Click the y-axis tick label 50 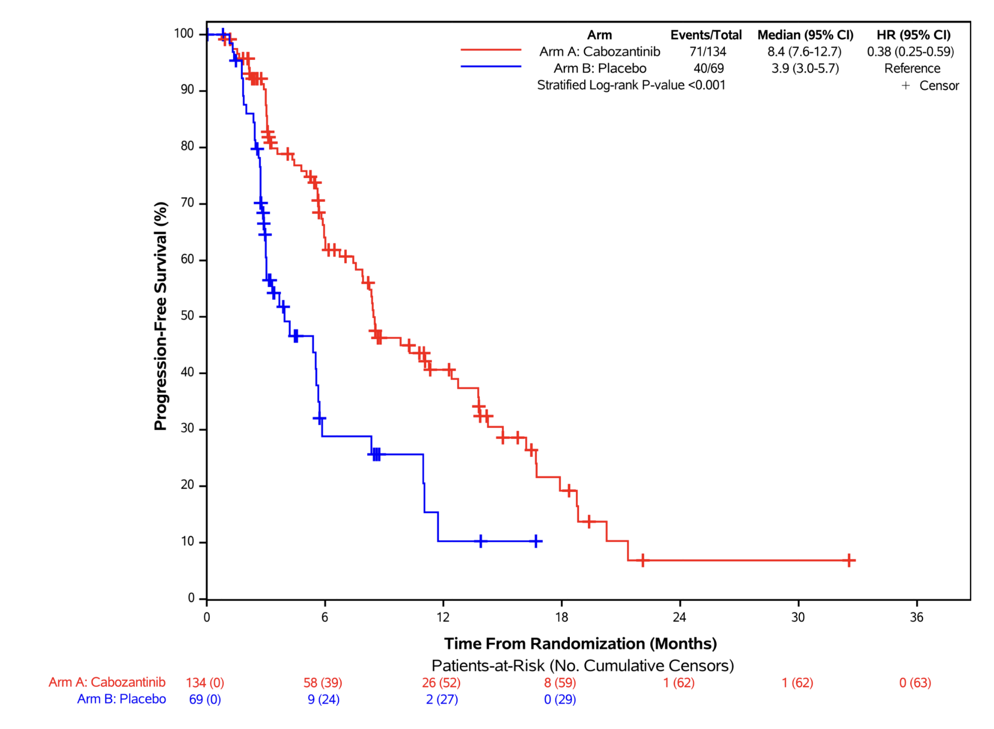pos(187,316)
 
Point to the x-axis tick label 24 pos(679,617)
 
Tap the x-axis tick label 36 pos(916,617)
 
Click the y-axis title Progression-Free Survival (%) pos(161,316)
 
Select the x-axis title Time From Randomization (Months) pos(580,644)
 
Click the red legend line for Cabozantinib pos(491,50)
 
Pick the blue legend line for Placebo pos(491,67)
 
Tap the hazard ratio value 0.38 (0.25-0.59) pos(910,52)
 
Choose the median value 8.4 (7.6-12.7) pos(804,52)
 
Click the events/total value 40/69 pos(708,68)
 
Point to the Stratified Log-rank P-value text pos(631,85)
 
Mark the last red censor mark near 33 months pos(849,560)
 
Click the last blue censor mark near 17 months pos(536,541)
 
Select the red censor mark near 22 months pos(643,560)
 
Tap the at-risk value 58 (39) pos(323,683)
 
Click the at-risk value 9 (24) pos(323,700)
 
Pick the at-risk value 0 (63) pos(915,683)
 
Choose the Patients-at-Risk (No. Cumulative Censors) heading pos(582,665)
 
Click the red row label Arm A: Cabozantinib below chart pos(107,682)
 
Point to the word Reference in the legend pos(912,68)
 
